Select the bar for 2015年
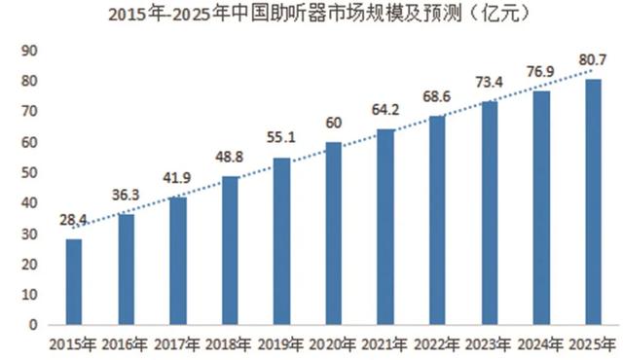75,281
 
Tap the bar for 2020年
334,234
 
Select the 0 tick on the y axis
32,325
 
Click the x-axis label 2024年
541,343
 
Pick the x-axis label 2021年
385,343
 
